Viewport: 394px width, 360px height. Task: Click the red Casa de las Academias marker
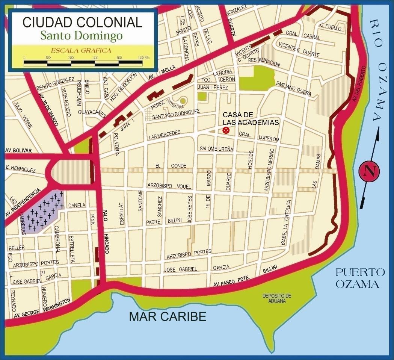point(226,130)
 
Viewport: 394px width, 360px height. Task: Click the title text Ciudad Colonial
point(82,22)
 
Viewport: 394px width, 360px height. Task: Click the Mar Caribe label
point(168,316)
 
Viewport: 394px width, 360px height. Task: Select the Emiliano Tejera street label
point(293,88)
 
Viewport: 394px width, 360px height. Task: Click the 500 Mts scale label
point(144,57)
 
